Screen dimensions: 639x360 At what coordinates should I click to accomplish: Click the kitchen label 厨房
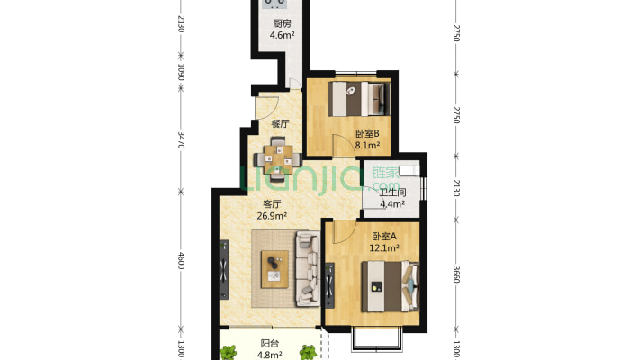coord(282,23)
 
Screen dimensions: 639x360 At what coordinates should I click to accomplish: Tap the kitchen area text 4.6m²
coord(282,35)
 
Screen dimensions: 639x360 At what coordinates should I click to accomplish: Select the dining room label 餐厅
coord(281,123)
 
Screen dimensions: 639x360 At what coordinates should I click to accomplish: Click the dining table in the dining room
coord(278,159)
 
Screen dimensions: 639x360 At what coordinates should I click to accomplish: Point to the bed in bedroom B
coord(358,99)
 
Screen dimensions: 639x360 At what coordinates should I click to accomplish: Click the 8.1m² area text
coord(367,145)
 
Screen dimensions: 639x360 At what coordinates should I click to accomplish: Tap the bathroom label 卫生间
coord(392,193)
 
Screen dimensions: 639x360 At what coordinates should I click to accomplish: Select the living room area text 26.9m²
coord(272,216)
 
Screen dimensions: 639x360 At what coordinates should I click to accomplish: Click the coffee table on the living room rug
coord(274,269)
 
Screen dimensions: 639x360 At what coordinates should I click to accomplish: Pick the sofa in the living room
coord(308,268)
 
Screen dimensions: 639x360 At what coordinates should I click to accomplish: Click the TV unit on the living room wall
coord(224,270)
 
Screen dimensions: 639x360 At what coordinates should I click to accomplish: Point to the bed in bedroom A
coord(391,286)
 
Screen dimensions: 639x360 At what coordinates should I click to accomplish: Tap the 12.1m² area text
coord(384,247)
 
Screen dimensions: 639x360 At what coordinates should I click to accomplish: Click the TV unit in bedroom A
coord(329,285)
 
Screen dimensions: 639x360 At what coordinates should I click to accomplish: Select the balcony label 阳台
coord(270,343)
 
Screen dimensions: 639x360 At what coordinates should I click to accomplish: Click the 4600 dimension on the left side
coord(182,261)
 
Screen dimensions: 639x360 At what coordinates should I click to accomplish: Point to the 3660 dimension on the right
coord(456,274)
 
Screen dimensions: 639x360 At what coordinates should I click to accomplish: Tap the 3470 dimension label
coord(182,139)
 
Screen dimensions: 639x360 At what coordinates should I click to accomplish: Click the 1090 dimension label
coord(182,72)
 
